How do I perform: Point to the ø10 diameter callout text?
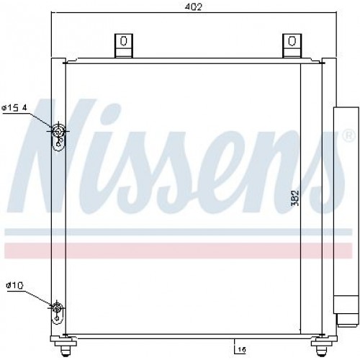[x=14, y=286]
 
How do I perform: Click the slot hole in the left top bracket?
[x=124, y=41]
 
